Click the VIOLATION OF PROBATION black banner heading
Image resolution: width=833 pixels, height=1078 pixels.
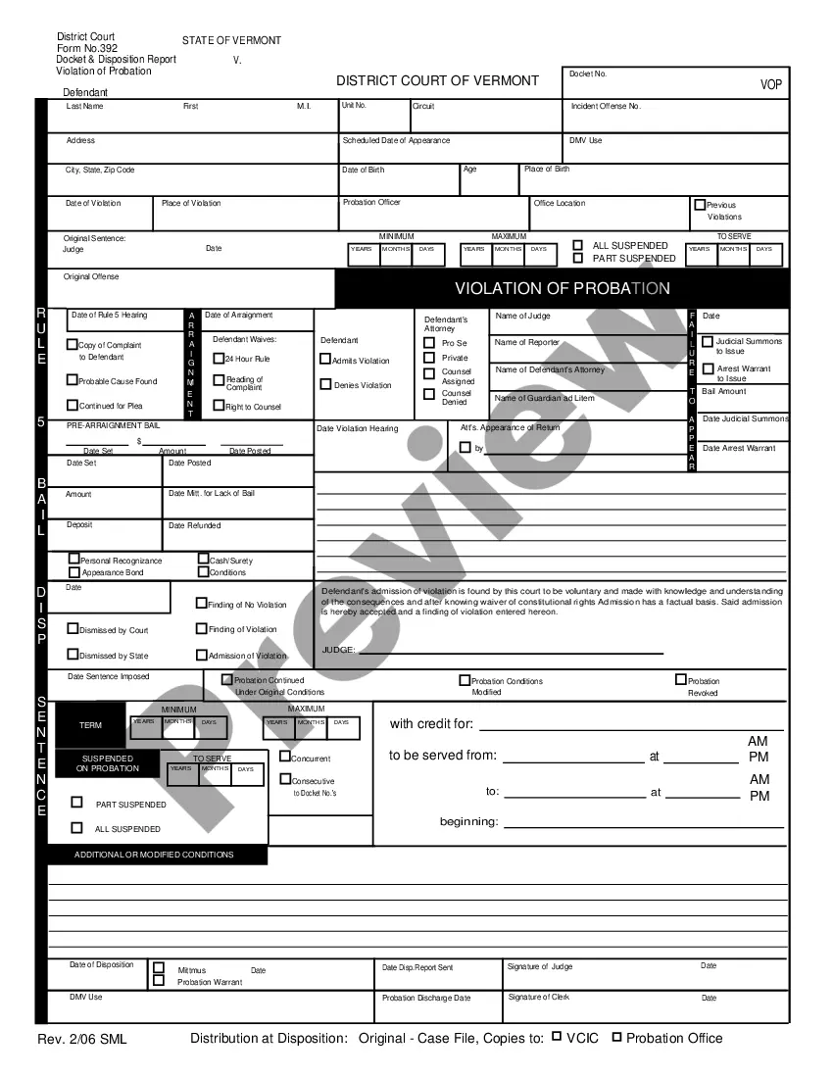click(x=562, y=288)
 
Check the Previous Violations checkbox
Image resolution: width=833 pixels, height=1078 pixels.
click(x=700, y=205)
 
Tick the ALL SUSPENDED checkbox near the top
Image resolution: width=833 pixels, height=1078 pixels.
click(x=578, y=245)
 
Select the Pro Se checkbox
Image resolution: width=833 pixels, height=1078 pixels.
click(x=428, y=343)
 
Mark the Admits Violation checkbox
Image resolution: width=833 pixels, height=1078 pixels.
click(x=325, y=360)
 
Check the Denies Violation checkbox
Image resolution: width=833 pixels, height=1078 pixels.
click(x=325, y=384)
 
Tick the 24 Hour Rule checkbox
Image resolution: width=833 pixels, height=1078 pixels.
click(x=219, y=358)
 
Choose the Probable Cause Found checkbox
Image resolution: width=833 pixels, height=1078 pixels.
click(x=72, y=380)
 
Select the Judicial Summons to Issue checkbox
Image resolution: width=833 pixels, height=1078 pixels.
click(x=708, y=341)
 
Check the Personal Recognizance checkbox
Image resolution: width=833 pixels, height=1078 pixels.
click(x=74, y=560)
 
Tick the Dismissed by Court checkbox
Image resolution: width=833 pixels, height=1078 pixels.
click(x=73, y=629)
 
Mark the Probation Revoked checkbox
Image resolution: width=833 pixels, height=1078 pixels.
click(x=681, y=679)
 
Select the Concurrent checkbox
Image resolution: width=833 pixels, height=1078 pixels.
click(x=285, y=757)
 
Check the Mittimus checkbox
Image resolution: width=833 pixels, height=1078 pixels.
click(x=159, y=967)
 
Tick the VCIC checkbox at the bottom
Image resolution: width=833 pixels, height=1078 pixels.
click(x=557, y=1037)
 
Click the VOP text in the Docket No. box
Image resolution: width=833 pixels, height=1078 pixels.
click(x=771, y=85)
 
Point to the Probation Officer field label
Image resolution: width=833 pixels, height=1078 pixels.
click(x=371, y=203)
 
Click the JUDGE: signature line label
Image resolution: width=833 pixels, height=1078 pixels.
click(x=339, y=650)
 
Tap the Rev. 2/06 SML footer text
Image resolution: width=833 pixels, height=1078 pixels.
click(x=82, y=1039)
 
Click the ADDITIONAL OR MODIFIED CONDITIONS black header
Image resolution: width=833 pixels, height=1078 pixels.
click(x=154, y=855)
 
